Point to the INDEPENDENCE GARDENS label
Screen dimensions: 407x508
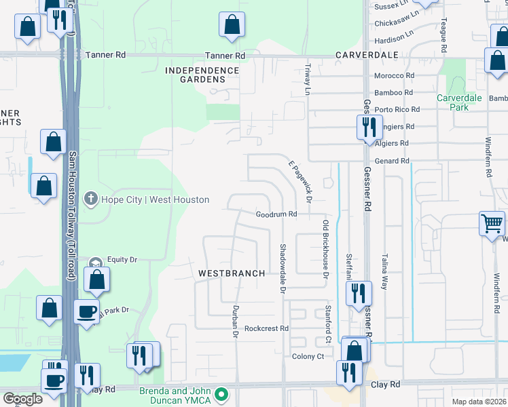coord(202,75)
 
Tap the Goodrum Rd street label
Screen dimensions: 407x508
coord(276,214)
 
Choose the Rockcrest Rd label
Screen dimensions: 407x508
coord(267,328)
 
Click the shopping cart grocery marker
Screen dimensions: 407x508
coord(492,222)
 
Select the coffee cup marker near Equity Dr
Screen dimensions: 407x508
coord(86,312)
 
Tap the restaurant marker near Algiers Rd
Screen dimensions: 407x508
coord(367,126)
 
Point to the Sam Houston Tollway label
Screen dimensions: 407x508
coord(71,216)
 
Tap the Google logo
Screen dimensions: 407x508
coord(22,399)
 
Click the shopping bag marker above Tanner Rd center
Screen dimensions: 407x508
coord(232,24)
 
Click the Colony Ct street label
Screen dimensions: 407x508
coord(308,357)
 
